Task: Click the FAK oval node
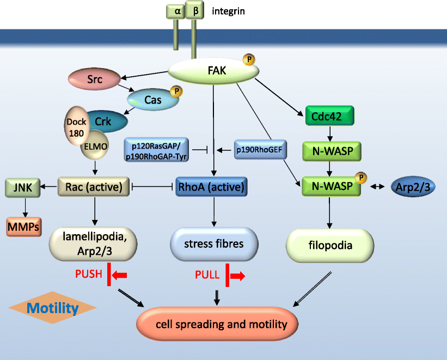pyautogui.click(x=212, y=71)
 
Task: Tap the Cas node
pyautogui.click(x=150, y=100)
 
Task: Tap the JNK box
pyautogui.click(x=20, y=187)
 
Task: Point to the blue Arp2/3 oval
pyautogui.click(x=413, y=187)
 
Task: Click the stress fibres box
pyautogui.click(x=214, y=243)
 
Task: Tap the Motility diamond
pyautogui.click(x=53, y=309)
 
